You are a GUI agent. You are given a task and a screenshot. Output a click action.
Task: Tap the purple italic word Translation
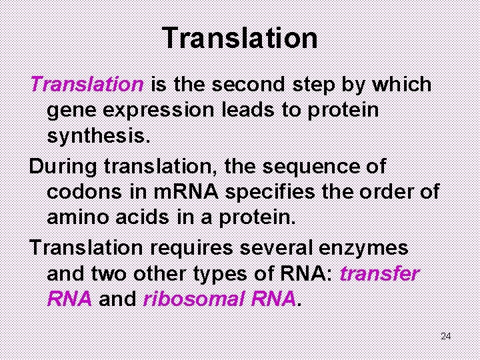point(87,85)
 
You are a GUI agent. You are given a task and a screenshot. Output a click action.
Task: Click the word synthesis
point(101,136)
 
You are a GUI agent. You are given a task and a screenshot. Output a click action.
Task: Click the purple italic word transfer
point(379,273)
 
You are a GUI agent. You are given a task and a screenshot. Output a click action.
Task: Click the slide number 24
point(445,336)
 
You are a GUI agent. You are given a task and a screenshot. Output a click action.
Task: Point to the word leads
point(262,110)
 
